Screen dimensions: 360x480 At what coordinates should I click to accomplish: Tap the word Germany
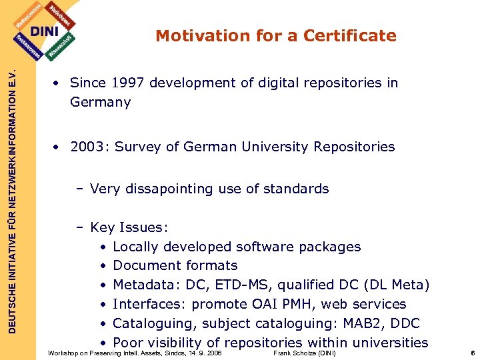pos(100,103)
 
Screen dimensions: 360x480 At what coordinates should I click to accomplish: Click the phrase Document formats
pos(175,266)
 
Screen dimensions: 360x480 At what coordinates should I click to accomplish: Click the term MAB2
pos(357,323)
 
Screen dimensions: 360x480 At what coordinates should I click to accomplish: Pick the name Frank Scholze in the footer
pos(294,353)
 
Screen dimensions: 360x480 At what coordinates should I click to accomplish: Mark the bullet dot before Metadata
pos(103,285)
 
